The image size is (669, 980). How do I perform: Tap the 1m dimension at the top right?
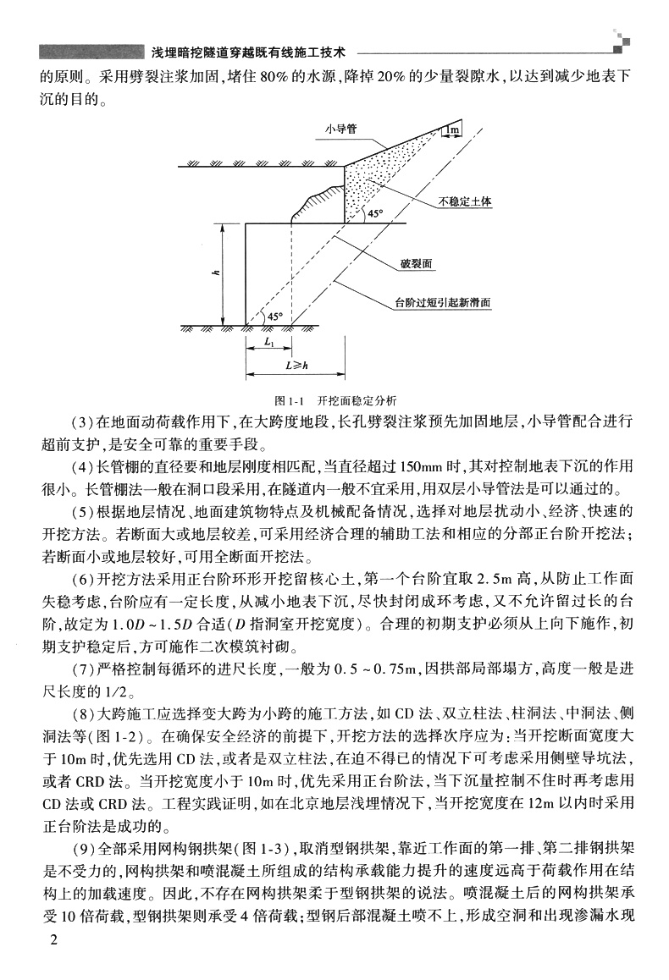pos(453,130)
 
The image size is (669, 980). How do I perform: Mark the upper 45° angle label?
pos(375,214)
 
